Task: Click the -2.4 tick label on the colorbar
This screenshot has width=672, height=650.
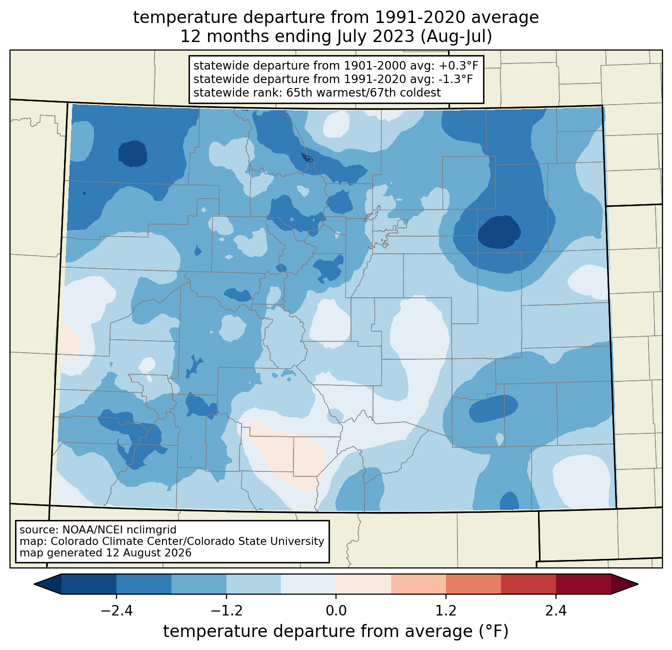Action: [116, 610]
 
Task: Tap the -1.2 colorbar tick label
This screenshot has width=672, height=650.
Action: [226, 610]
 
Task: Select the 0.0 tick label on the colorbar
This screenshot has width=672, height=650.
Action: [336, 610]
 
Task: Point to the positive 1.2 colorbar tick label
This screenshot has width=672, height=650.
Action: [446, 610]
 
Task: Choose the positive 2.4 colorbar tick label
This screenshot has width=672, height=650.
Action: [556, 610]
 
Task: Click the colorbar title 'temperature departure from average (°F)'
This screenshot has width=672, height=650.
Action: [336, 631]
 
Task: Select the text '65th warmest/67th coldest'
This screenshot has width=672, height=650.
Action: [363, 93]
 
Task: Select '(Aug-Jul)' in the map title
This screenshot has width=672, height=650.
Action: [456, 37]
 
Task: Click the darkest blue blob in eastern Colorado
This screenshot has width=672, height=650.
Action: [499, 232]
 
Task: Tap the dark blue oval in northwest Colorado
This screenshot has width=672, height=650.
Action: [132, 154]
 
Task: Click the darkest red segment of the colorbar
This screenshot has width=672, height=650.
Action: [583, 584]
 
